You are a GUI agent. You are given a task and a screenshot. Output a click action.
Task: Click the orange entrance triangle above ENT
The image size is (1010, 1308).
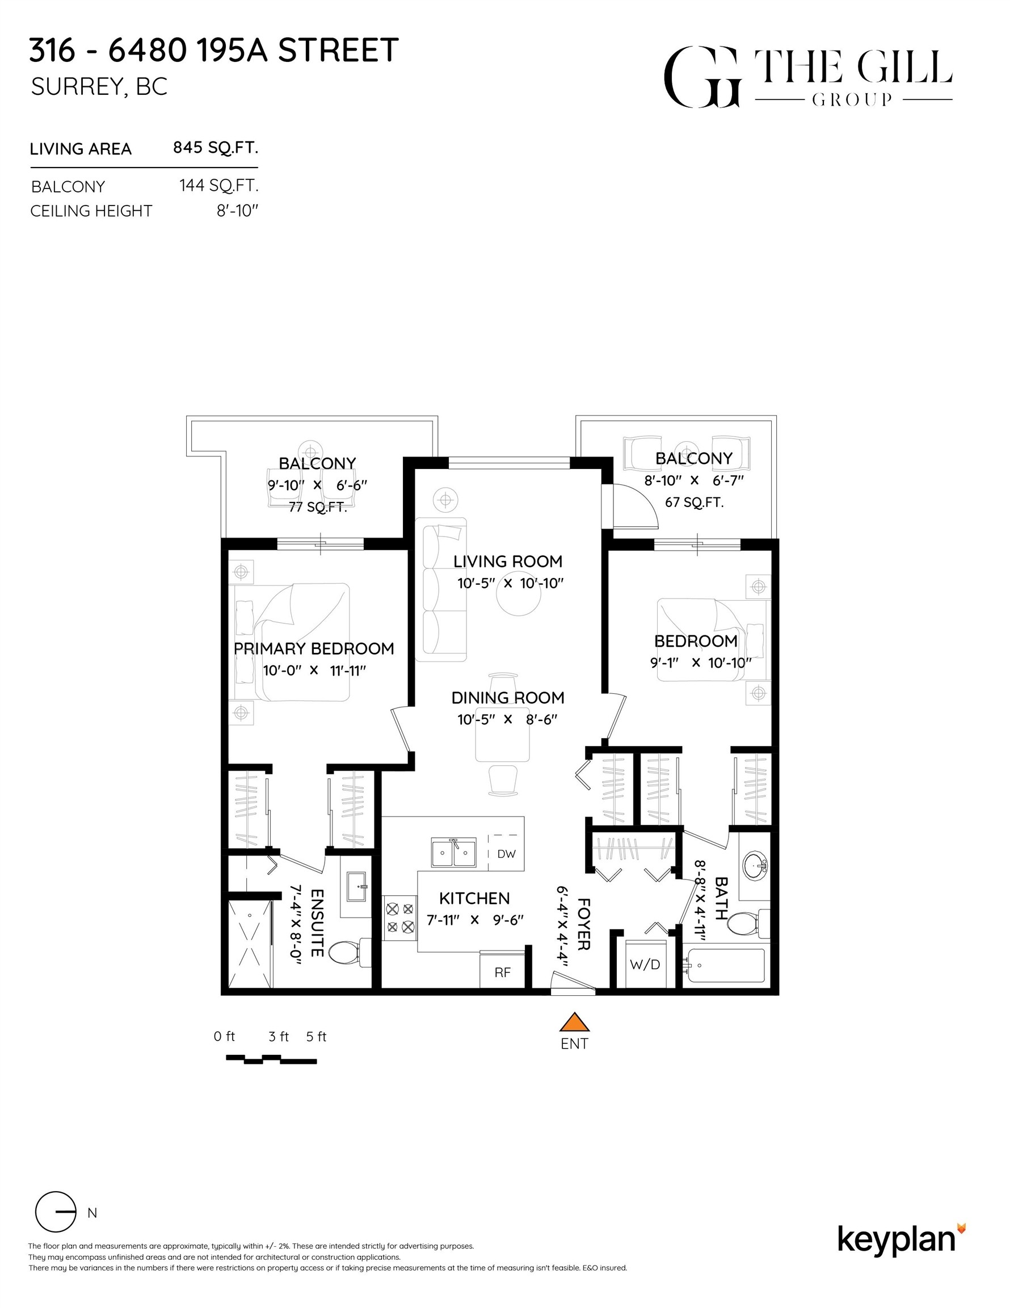pos(574,1022)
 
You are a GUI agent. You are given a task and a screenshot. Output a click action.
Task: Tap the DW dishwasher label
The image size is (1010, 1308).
pos(506,854)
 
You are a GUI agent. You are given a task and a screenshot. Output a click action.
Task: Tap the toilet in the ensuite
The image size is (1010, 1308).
pos(346,951)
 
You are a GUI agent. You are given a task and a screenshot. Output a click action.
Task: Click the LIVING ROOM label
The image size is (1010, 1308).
pos(508,561)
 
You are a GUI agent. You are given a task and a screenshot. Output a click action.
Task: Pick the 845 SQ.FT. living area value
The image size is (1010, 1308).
pos(216,148)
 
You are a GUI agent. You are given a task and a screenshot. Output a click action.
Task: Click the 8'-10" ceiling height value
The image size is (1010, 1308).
pos(237,211)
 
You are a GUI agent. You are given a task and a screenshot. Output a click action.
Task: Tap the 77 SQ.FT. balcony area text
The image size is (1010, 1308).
pos(318,508)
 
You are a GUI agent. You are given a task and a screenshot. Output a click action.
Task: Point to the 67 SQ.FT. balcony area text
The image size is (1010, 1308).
pos(694,502)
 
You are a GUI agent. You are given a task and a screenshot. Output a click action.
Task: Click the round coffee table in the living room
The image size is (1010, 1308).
pos(519,596)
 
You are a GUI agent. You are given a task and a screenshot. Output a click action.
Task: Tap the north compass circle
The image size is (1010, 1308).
pos(56,1212)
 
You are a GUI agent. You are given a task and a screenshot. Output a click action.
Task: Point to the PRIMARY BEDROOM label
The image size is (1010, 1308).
pos(314,649)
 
